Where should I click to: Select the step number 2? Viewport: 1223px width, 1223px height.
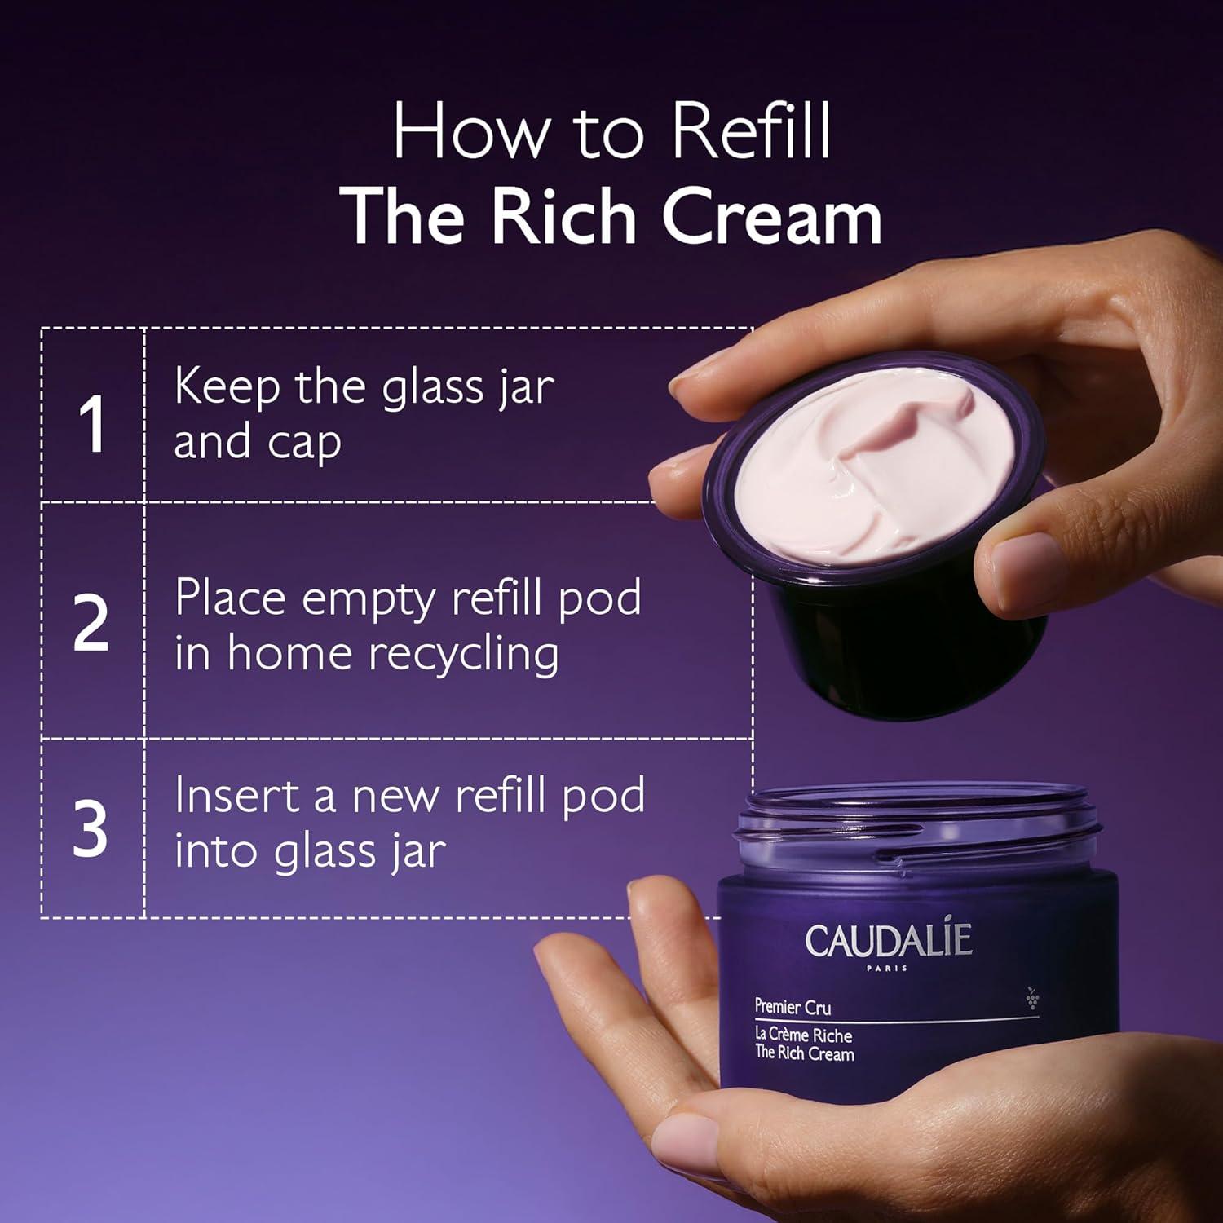pyautogui.click(x=91, y=624)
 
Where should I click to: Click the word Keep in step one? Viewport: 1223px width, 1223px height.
pyautogui.click(x=226, y=387)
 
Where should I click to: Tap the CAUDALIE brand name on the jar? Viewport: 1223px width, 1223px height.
pyautogui.click(x=889, y=940)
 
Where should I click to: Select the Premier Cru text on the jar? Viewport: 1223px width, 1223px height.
pyautogui.click(x=793, y=1007)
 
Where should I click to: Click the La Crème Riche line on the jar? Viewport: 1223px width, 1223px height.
pyautogui.click(x=803, y=1035)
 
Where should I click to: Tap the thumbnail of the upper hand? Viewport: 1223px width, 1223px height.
pyautogui.click(x=1029, y=563)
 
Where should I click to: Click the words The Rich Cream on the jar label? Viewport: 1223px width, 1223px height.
pyautogui.click(x=804, y=1053)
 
